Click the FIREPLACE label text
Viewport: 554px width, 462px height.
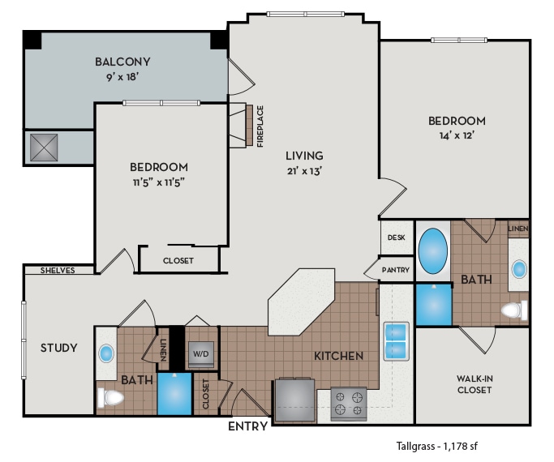(x=260, y=126)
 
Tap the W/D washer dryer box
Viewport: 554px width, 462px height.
(x=200, y=353)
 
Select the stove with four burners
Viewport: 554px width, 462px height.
(x=348, y=404)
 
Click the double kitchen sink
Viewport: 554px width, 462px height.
(x=395, y=340)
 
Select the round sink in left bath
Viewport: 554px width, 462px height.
(x=106, y=354)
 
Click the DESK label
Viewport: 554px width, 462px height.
(x=396, y=237)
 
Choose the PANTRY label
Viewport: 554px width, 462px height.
(x=396, y=270)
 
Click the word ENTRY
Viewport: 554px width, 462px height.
(x=247, y=426)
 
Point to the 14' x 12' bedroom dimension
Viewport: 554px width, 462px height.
(x=457, y=135)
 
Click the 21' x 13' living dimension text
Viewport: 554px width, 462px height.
(x=304, y=170)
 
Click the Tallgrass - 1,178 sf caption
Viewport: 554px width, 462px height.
(x=442, y=446)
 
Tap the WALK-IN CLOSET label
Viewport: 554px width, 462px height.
(x=474, y=383)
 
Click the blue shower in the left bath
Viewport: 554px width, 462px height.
(x=174, y=394)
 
